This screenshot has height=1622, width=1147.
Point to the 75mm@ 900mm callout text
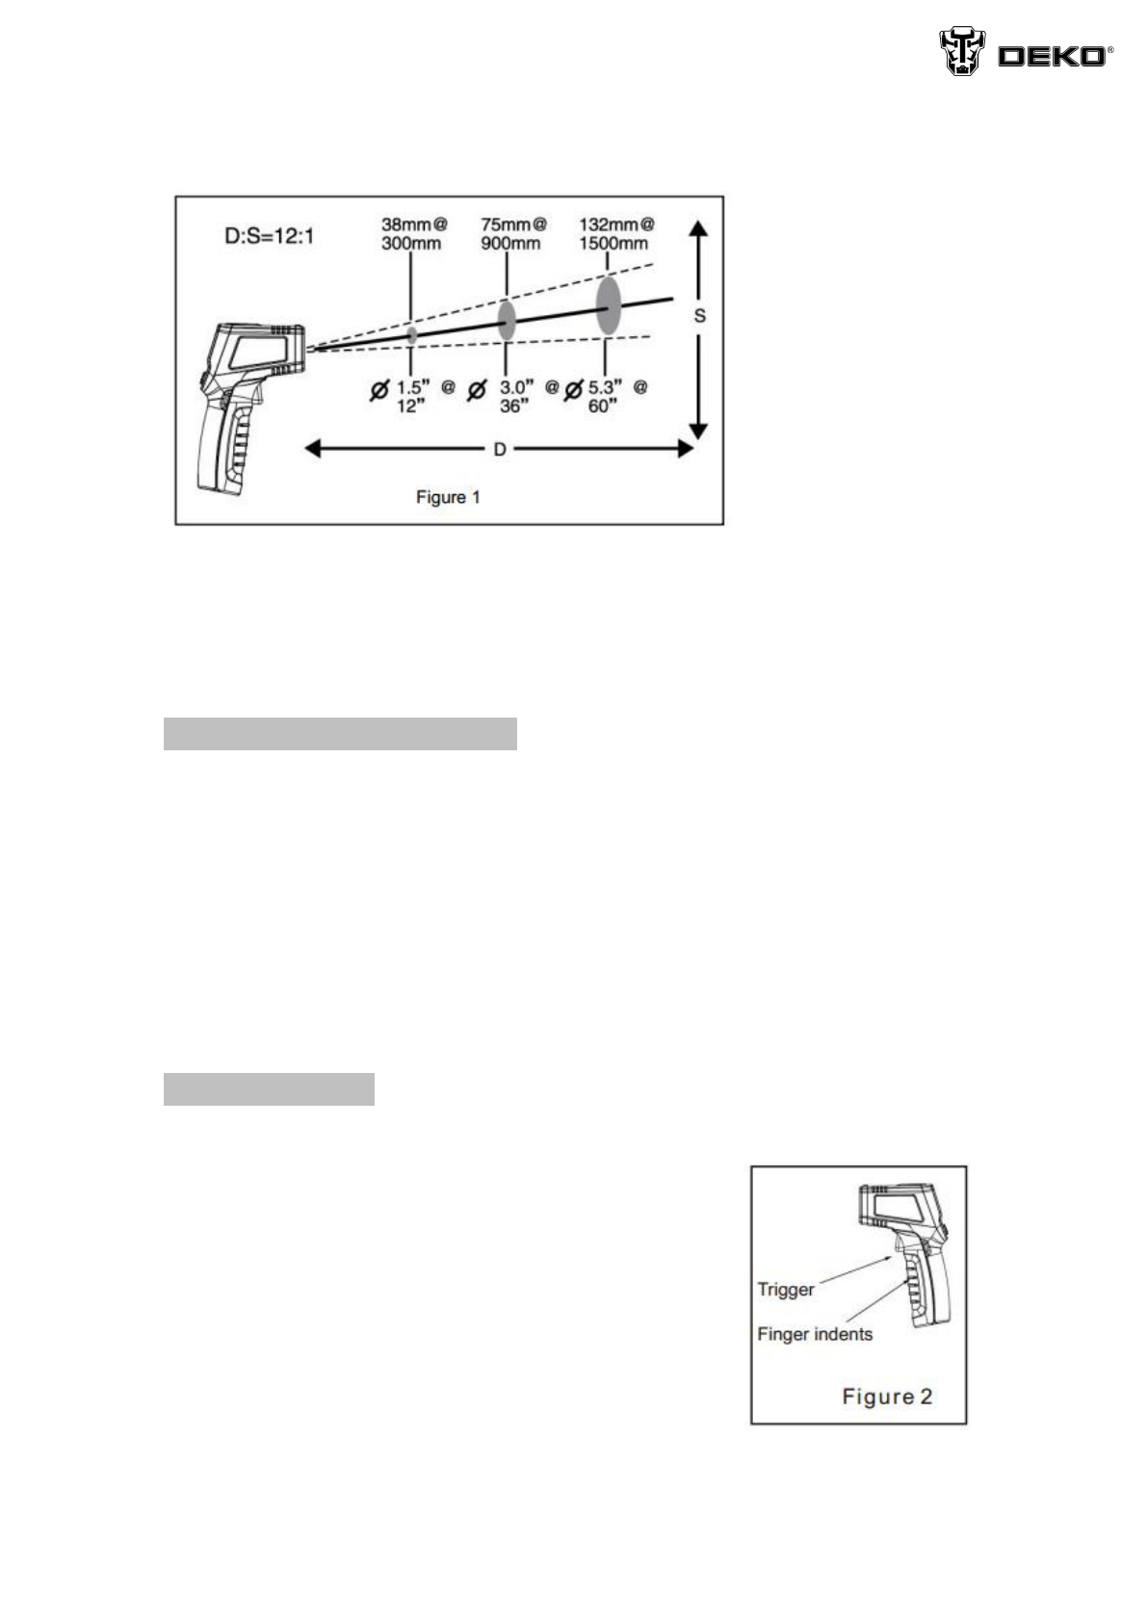pyautogui.click(x=512, y=234)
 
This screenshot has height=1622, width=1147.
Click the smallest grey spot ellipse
pyautogui.click(x=412, y=334)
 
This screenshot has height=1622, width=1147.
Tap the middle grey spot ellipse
pyautogui.click(x=507, y=320)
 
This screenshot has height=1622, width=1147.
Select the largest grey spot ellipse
pyautogui.click(x=608, y=305)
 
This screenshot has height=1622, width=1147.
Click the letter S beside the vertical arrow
pyautogui.click(x=699, y=316)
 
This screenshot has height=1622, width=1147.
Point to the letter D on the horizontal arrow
pyautogui.click(x=500, y=450)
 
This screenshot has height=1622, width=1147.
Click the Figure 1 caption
pyautogui.click(x=448, y=498)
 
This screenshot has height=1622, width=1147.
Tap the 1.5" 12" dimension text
pyautogui.click(x=412, y=396)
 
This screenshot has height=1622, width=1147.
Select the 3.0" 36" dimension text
pyautogui.click(x=514, y=396)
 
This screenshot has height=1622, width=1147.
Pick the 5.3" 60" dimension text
pyautogui.click(x=605, y=396)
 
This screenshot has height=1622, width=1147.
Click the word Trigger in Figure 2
pyautogui.click(x=786, y=1290)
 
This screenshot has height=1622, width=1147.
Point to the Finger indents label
pyautogui.click(x=815, y=1335)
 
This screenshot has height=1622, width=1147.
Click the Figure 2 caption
pyautogui.click(x=887, y=1396)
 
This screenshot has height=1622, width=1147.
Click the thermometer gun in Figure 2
pyautogui.click(x=905, y=1252)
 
